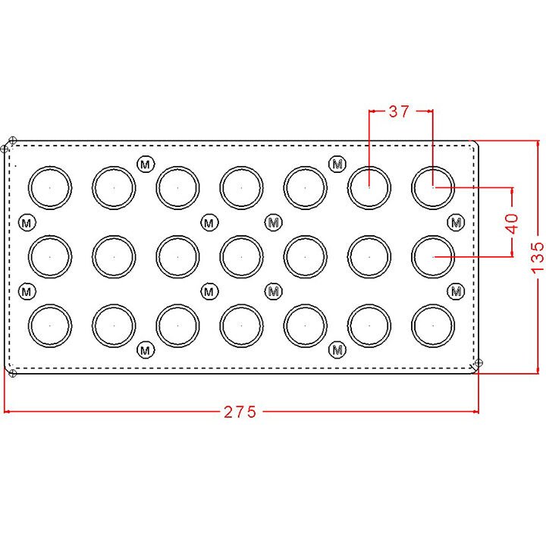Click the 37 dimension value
tap(399, 111)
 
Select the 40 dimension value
tap(512, 224)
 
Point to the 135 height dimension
tap(538, 257)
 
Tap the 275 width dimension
tap(240, 412)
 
